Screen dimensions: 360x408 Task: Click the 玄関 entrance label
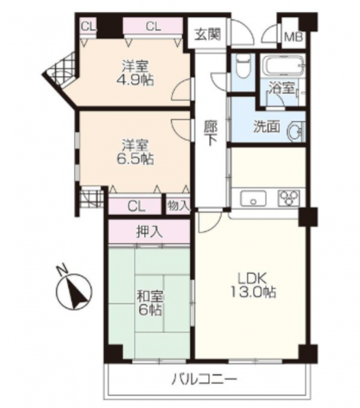click(x=208, y=34)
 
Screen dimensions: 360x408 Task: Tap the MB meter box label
click(x=294, y=37)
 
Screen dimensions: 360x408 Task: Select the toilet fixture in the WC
click(x=244, y=66)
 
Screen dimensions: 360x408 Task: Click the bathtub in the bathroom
click(x=283, y=65)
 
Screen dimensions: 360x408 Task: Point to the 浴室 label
click(x=282, y=88)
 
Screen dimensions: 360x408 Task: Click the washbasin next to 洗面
click(x=296, y=132)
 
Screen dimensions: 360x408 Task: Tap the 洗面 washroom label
click(x=267, y=127)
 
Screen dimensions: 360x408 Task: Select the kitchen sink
click(x=253, y=199)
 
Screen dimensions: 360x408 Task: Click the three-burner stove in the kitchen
click(x=289, y=198)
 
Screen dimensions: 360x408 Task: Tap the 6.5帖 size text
click(x=135, y=159)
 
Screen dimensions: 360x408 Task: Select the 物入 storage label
click(x=178, y=206)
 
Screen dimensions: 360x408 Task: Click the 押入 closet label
click(x=150, y=232)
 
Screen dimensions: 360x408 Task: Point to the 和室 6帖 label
click(x=150, y=303)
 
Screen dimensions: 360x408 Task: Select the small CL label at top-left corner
click(x=89, y=27)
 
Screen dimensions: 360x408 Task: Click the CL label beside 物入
click(x=136, y=207)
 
